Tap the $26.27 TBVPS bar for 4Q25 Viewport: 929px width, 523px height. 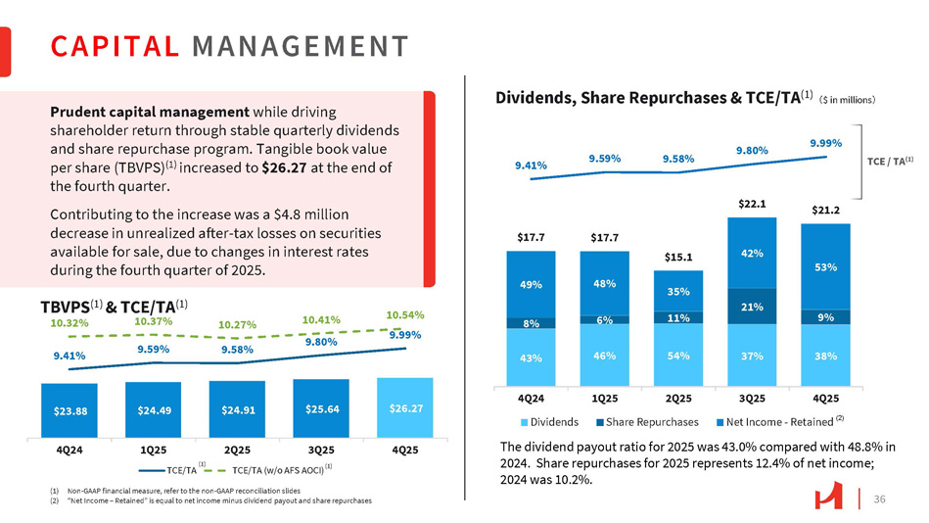[x=404, y=406]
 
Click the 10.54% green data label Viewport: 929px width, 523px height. [x=403, y=314]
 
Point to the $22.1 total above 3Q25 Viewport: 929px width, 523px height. [x=751, y=204]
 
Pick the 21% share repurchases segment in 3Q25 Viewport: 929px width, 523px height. [x=751, y=308]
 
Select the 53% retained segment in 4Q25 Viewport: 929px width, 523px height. [x=824, y=266]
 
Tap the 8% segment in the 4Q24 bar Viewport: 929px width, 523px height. [x=531, y=322]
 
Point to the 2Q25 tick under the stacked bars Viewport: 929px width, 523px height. [x=677, y=400]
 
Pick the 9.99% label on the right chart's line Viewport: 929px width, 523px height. [x=824, y=143]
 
